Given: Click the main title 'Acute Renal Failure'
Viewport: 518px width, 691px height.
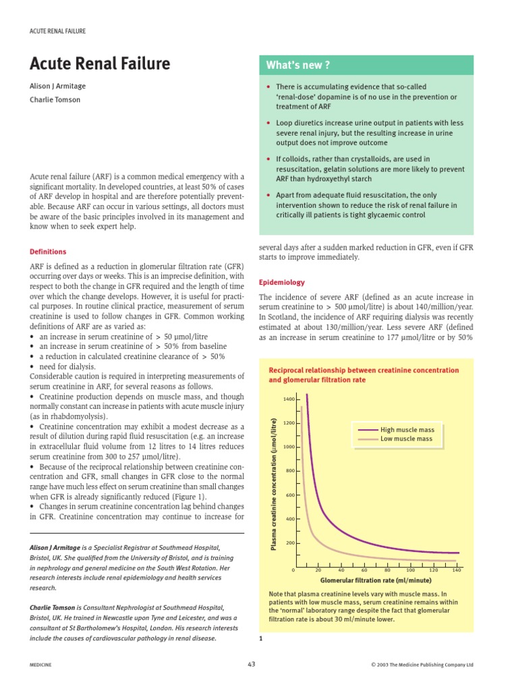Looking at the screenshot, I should (99, 64).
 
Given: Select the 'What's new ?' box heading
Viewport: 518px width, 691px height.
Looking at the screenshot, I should (297, 65).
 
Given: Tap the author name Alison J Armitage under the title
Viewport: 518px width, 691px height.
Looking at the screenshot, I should (57, 86).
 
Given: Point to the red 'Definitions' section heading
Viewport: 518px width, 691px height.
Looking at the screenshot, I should (48, 252).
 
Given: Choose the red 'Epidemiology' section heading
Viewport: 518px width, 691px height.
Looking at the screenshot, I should (282, 282).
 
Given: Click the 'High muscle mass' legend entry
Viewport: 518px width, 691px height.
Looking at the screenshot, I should (407, 429).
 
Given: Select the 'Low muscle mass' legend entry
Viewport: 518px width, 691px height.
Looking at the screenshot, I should (406, 439).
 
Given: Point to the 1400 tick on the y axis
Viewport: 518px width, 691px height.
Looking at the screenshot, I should (289, 399).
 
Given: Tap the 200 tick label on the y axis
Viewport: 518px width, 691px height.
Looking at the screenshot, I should (290, 543).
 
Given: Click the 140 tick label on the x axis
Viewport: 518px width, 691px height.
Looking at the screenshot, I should (457, 570).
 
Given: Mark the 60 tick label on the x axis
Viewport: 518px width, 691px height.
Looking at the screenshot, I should (364, 570).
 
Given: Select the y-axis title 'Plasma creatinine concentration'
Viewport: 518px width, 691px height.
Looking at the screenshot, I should (275, 484).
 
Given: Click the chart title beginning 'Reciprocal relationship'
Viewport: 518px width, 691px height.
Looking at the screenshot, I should (364, 375).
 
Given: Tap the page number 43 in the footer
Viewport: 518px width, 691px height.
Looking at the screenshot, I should (252, 664).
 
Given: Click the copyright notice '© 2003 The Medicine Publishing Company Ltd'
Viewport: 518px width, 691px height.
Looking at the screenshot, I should (422, 665).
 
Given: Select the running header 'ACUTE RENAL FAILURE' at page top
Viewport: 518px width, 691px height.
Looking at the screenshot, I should (57, 31).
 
